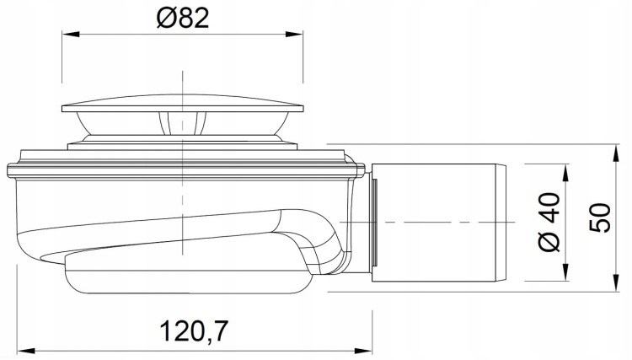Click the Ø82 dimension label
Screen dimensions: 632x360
click(x=183, y=19)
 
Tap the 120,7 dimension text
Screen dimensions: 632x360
click(x=194, y=331)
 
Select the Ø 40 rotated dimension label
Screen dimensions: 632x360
click(x=549, y=222)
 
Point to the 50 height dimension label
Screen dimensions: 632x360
click(x=600, y=218)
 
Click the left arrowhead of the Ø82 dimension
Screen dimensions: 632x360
click(x=70, y=35)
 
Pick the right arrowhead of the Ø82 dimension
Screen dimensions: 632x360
click(x=295, y=35)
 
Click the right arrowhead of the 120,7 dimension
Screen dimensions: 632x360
click(x=364, y=350)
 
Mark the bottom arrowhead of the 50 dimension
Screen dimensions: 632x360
click(x=615, y=282)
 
